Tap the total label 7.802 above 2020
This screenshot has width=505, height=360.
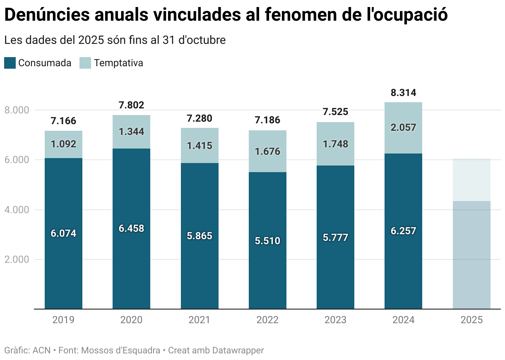(131, 105)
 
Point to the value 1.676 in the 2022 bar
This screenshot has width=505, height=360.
(267, 151)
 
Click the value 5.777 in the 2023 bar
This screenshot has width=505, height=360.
(335, 238)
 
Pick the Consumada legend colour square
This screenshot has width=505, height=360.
(10, 63)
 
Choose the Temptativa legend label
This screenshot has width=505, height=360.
(118, 63)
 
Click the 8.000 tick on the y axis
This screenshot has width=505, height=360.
(16, 110)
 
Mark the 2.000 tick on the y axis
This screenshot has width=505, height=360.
(16, 259)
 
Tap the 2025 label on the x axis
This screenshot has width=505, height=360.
(471, 320)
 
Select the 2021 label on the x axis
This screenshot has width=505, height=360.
(199, 320)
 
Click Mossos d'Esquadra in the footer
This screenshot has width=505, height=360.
(121, 350)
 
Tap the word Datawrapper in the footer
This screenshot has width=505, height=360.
(238, 350)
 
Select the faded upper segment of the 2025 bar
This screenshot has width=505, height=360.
(471, 180)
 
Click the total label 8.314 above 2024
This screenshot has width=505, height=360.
(403, 92)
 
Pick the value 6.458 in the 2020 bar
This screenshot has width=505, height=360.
(131, 228)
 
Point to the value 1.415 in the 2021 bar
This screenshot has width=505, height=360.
(199, 146)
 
